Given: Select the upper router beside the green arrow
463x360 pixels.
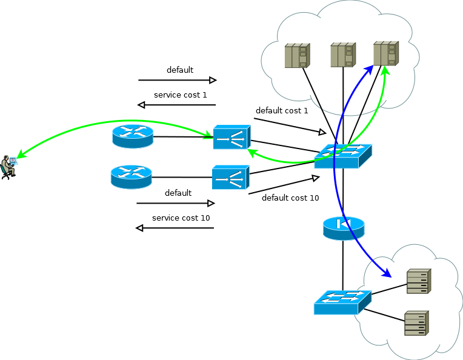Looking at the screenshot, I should (x=133, y=136).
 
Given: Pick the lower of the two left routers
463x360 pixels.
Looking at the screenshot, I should (x=132, y=176).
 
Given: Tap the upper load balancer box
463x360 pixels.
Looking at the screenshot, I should (x=231, y=138).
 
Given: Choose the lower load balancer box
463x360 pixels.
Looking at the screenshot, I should (x=230, y=178).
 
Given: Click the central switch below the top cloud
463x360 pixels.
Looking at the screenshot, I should (x=342, y=156).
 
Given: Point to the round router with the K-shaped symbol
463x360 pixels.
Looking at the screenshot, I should (x=344, y=227).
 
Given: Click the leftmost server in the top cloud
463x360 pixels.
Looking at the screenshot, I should (x=297, y=56).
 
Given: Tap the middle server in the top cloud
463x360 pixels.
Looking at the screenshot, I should (x=342, y=55).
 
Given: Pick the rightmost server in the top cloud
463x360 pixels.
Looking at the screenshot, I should (x=385, y=53).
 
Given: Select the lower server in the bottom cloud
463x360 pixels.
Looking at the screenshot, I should (x=416, y=323).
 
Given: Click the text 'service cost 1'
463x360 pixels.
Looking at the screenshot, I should (x=180, y=95).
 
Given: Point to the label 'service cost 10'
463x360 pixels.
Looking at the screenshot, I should (x=181, y=218).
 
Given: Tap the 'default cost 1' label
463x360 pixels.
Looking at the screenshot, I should (x=282, y=111).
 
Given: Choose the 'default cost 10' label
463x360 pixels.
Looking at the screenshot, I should (x=290, y=198).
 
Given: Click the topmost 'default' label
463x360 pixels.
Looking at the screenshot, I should (x=180, y=70).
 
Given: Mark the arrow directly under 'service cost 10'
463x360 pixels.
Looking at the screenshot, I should (x=175, y=228).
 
